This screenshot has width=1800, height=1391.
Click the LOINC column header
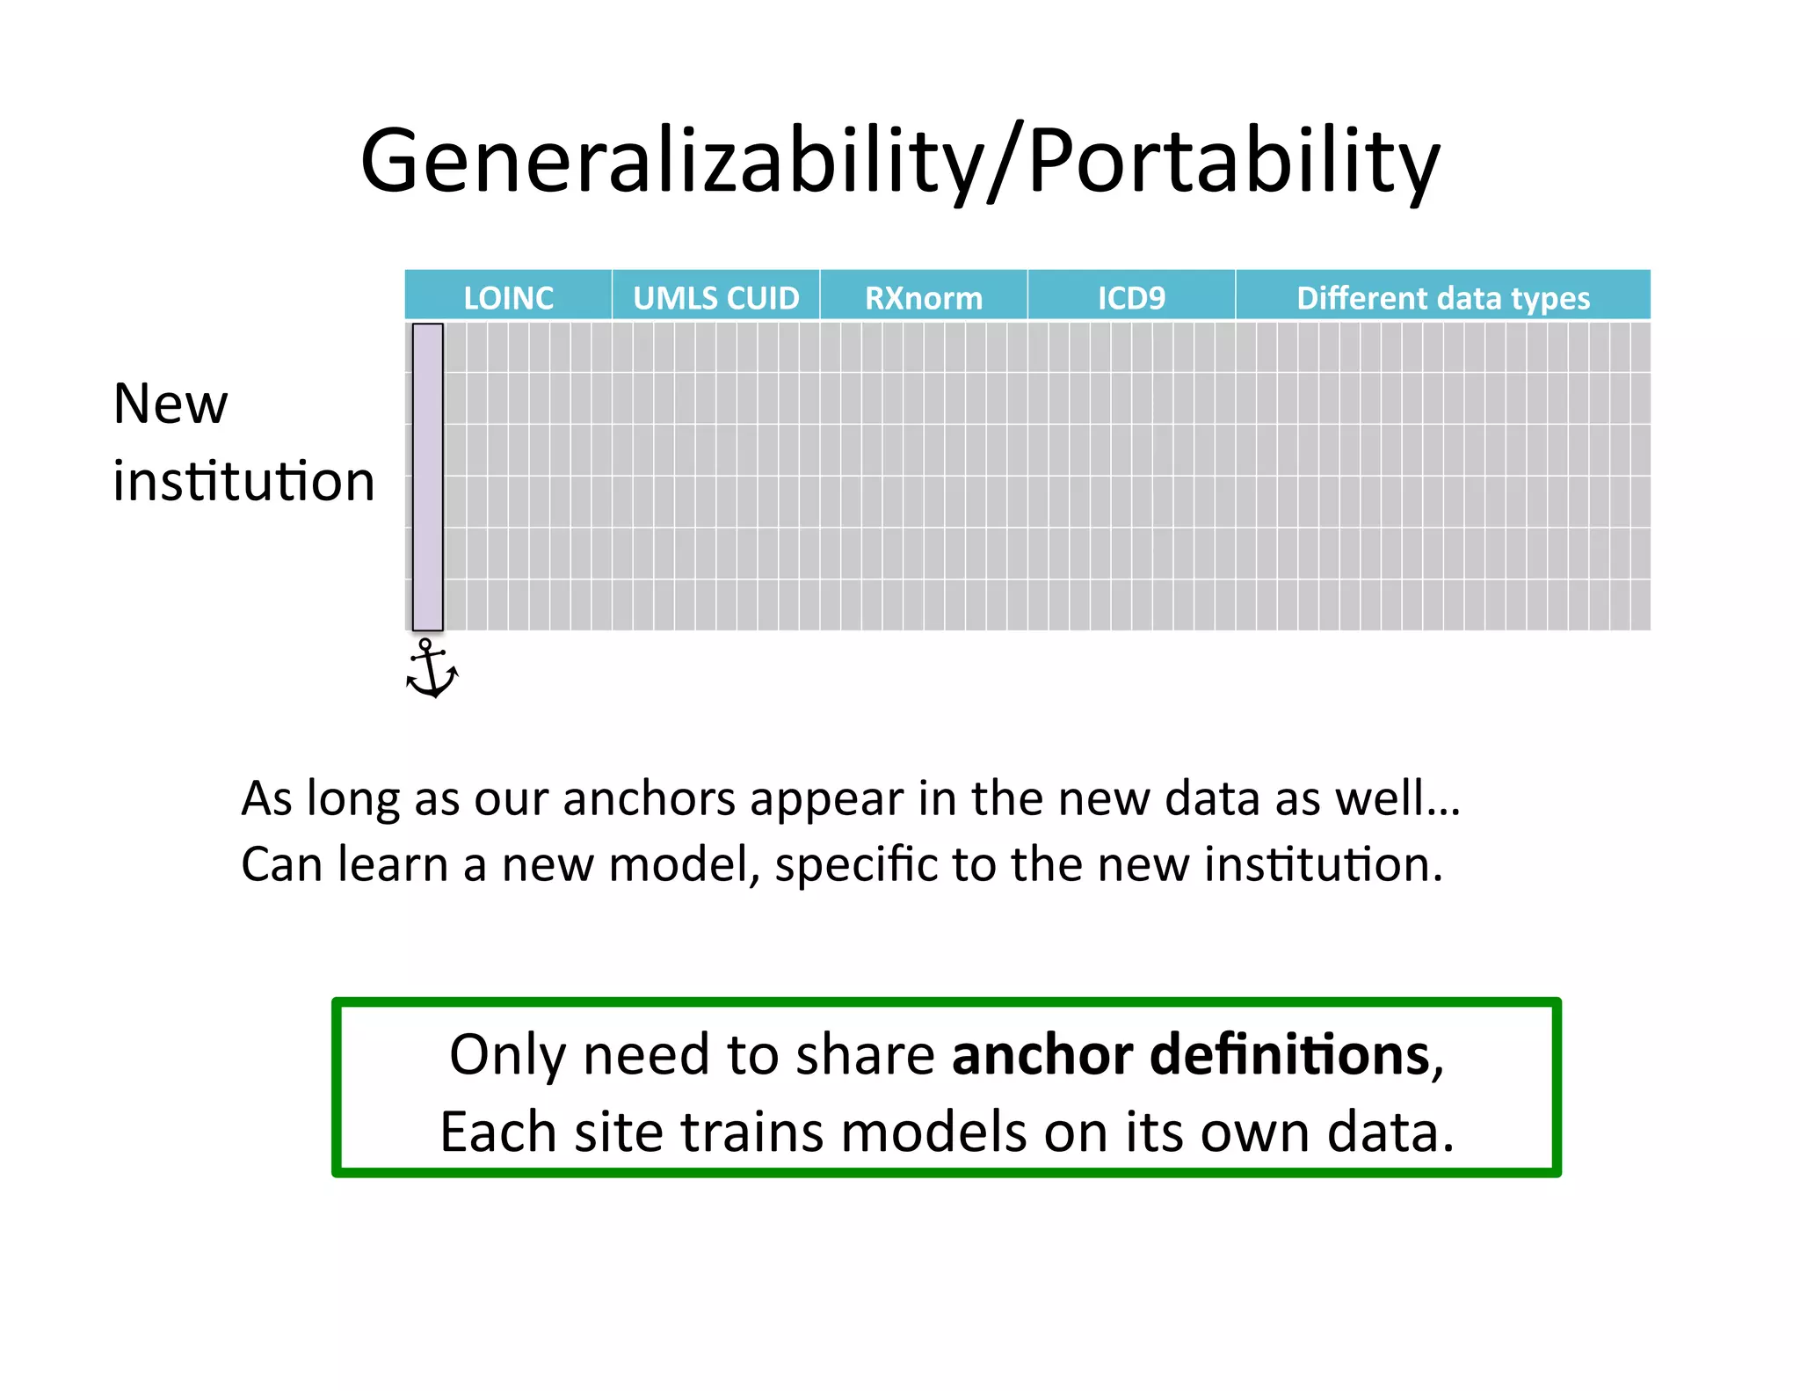(x=508, y=297)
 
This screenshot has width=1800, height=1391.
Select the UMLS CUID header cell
(x=715, y=297)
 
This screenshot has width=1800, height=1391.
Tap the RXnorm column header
(x=924, y=297)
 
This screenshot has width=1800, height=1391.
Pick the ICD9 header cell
(x=1131, y=297)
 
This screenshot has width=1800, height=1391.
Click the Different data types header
(x=1443, y=297)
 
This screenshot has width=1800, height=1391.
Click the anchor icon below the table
(x=431, y=670)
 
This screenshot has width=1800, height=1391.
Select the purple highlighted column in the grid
(x=428, y=477)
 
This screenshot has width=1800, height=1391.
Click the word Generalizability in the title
(x=671, y=161)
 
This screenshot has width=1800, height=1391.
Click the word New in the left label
(x=171, y=404)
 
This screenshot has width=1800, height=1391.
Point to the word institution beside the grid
(x=243, y=481)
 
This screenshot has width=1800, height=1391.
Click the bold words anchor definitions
(x=1192, y=1054)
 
